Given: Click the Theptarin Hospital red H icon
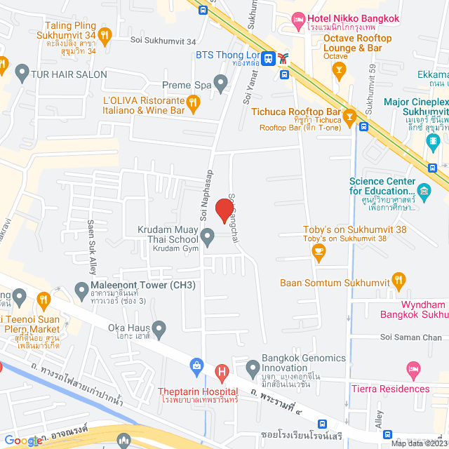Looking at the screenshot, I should pyautogui.click(x=222, y=371).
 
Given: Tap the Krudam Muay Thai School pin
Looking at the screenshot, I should pyautogui.click(x=208, y=239).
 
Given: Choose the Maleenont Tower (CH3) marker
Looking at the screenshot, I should pyautogui.click(x=82, y=289).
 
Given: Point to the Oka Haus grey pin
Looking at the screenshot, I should pyautogui.click(x=159, y=327).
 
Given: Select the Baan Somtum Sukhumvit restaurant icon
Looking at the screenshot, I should pyautogui.click(x=398, y=283).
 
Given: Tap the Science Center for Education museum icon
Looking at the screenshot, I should pyautogui.click(x=424, y=190).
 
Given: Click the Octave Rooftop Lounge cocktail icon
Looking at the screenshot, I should pyautogui.click(x=339, y=69).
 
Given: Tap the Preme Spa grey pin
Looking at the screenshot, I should pyautogui.click(x=221, y=86).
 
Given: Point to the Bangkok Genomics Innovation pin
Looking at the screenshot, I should pyautogui.click(x=253, y=366).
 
